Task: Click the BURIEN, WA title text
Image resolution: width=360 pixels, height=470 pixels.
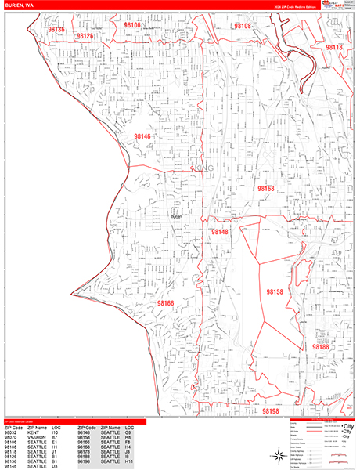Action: (19, 5)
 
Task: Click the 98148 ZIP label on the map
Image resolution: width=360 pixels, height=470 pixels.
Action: (220, 232)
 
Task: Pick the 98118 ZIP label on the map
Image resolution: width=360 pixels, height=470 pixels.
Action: (333, 48)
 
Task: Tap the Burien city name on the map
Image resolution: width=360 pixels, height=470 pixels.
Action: (175, 217)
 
